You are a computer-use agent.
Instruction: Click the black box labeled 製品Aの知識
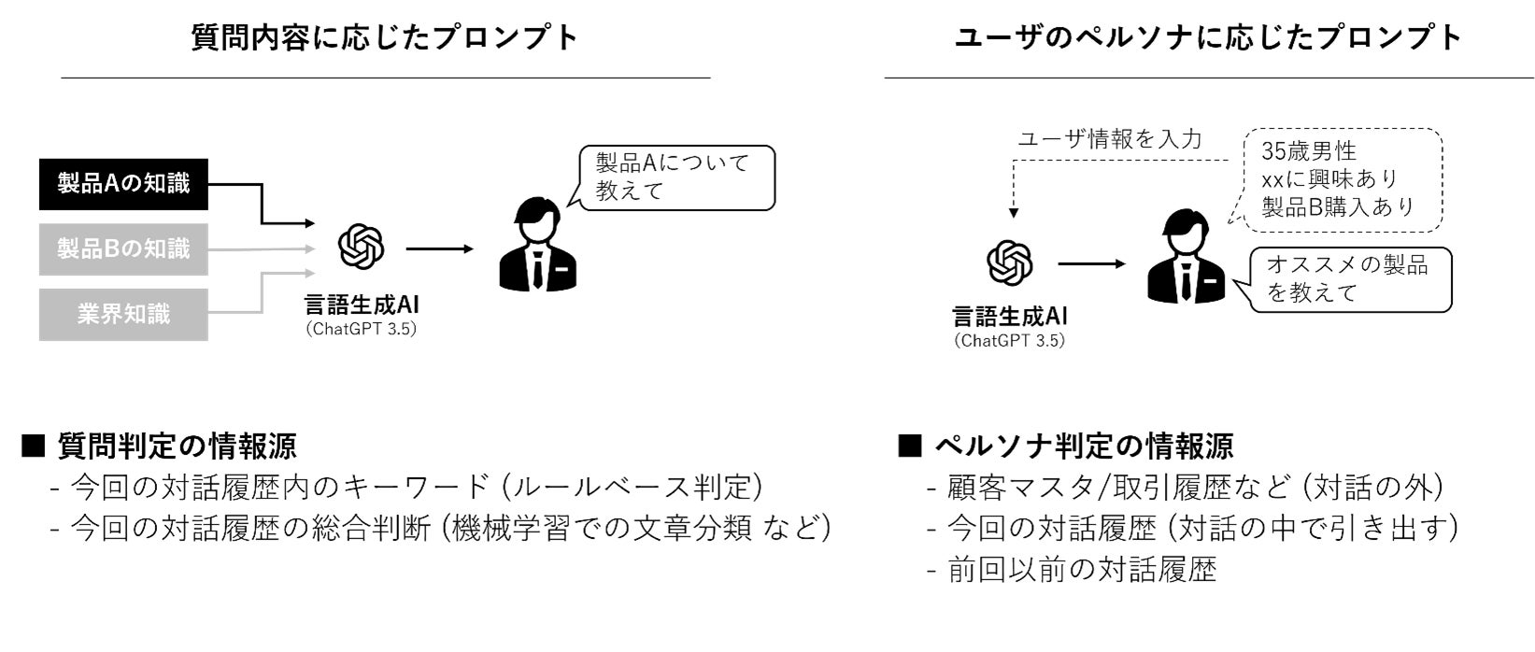[123, 184]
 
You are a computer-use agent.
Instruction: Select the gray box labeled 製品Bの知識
[123, 249]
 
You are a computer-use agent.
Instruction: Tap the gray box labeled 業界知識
[123, 315]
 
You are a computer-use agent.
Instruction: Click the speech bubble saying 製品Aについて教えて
[676, 177]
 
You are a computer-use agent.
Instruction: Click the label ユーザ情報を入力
[1109, 140]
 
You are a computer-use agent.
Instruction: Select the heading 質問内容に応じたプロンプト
[385, 37]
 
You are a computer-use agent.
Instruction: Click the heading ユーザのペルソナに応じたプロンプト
[1208, 37]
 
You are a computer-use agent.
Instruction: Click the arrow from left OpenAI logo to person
[439, 249]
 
